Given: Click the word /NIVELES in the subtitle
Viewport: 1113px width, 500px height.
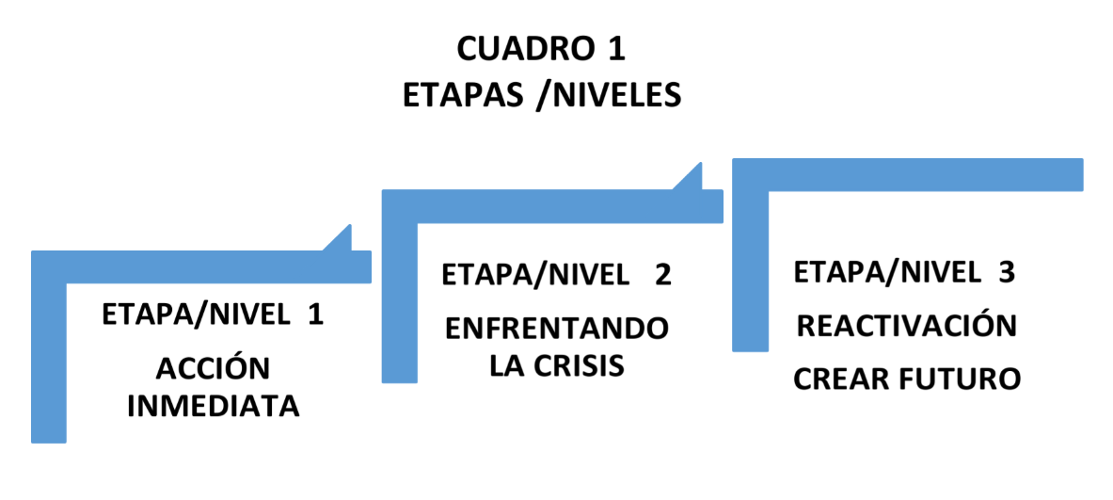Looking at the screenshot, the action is tap(610, 94).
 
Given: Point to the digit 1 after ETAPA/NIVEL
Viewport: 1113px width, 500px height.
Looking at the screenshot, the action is tap(315, 315).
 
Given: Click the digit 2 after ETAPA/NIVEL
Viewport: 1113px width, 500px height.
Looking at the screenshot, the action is tap(662, 274).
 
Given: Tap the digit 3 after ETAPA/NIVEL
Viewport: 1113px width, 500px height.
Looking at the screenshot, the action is tap(1007, 272).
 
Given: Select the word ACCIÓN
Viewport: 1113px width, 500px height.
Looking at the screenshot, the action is tap(213, 368).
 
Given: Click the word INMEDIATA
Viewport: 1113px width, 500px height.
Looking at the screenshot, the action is tap(213, 406).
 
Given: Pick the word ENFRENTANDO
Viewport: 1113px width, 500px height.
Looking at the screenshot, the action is tap(557, 330).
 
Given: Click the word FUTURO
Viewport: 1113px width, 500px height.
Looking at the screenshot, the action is tap(960, 379).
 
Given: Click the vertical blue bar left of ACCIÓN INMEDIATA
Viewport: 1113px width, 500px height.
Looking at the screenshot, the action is tap(49, 363).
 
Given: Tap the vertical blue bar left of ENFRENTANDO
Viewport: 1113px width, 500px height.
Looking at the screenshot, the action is tap(400, 302).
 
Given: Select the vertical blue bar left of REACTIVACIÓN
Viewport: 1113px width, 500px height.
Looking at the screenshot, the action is tap(750, 271).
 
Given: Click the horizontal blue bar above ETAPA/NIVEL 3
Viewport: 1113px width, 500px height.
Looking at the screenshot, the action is tap(907, 175).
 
